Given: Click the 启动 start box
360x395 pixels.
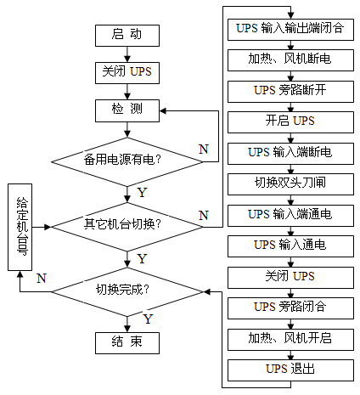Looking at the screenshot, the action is point(127,36).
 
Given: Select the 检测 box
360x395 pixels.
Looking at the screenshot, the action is point(127,110).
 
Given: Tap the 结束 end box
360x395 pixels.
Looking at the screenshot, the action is point(127,343).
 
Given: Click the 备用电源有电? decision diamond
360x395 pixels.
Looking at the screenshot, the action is point(127,162).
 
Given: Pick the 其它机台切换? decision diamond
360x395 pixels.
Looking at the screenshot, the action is point(127,227).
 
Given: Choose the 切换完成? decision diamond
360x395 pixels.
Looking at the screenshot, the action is point(127,292).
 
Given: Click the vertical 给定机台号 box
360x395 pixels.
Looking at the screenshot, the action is point(20,227).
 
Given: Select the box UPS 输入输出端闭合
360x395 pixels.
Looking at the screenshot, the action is point(290,30).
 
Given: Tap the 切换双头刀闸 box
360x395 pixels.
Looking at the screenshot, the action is point(290,184).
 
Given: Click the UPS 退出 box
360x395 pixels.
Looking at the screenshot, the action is point(290,370).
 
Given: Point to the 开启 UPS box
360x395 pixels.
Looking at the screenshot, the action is point(290,122).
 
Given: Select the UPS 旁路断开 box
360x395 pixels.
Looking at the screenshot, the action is point(290,92).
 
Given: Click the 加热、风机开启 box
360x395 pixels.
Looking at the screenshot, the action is point(290,340).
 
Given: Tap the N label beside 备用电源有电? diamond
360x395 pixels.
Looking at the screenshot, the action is point(204,149).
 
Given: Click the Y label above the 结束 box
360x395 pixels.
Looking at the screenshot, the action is point(148,319).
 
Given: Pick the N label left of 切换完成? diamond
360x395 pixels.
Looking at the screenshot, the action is point(42,279).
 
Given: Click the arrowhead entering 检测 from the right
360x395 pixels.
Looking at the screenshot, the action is point(163,110).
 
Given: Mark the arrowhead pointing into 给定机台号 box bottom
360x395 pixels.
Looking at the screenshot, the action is point(20,274).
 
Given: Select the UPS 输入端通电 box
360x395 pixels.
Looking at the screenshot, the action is point(290,216).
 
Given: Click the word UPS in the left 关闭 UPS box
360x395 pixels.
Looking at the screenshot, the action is point(141,71).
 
